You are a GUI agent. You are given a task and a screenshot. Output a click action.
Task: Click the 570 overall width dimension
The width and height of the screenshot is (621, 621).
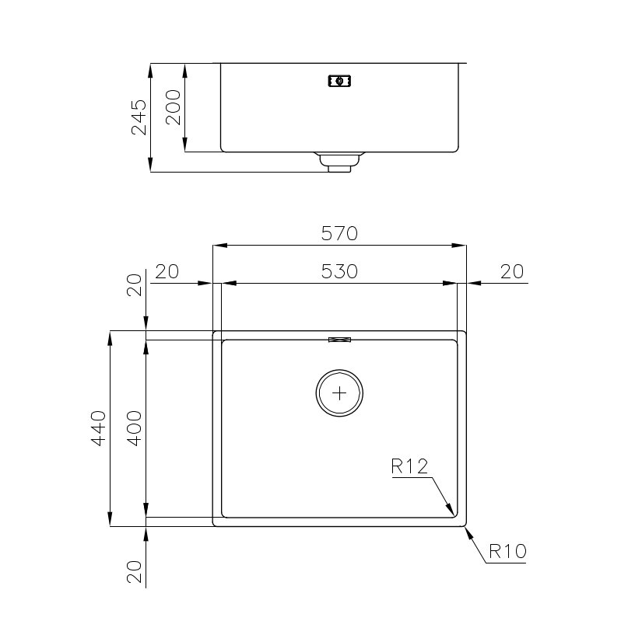339,233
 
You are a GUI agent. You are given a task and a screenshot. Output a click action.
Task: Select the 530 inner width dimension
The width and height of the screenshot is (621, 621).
339,271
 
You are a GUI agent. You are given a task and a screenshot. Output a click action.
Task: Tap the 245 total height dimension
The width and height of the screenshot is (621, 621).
139,117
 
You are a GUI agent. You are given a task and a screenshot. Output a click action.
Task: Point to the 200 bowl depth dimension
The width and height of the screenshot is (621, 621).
173,107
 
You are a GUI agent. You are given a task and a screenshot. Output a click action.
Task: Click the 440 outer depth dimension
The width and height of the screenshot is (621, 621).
99,428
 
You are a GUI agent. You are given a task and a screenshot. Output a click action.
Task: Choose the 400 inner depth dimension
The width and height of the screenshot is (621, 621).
135,428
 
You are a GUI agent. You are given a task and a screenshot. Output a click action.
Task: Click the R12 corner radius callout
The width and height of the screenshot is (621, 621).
409,466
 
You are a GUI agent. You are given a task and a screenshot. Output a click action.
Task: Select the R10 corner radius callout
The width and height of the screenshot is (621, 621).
507,551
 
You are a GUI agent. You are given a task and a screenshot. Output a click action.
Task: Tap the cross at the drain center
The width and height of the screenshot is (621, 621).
339,393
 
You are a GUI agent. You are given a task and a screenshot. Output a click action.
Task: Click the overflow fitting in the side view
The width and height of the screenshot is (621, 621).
340,81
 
